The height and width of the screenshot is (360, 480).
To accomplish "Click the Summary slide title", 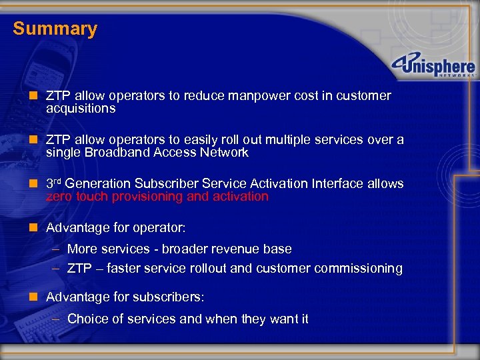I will point(55,29).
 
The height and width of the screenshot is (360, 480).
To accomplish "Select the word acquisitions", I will point(81,108).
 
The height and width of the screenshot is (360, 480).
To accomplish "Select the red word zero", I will point(59,196).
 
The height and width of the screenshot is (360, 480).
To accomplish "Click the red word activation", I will point(239,196).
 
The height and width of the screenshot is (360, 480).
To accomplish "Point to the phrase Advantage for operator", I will point(115,227).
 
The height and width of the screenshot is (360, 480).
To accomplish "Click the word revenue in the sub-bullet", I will point(241,249).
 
